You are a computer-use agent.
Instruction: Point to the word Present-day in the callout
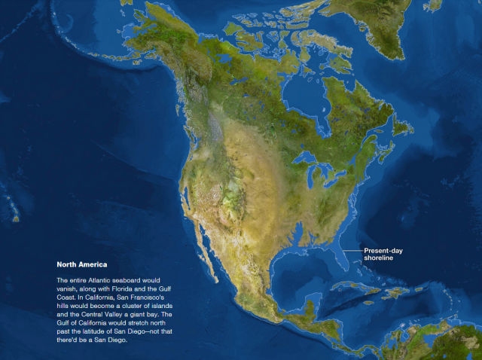pyautogui.click(x=386, y=250)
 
